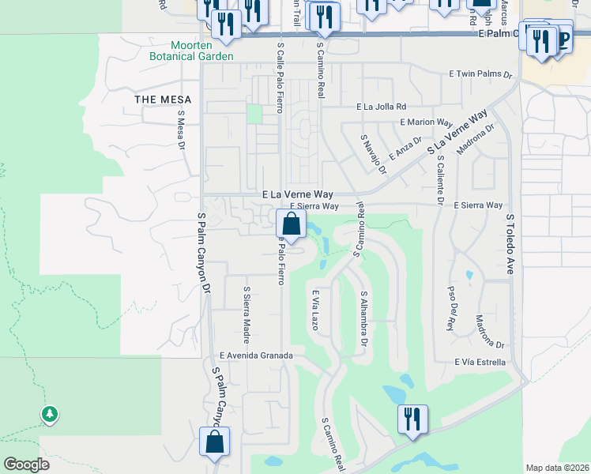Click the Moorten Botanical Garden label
coord(193,51)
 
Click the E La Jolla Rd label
coord(382,106)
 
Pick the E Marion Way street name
coord(426,122)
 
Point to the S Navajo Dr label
coord(374,154)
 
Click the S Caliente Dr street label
coord(441,179)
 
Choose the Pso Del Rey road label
coord(453,307)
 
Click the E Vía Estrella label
coord(480,362)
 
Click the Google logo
coord(26,465)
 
